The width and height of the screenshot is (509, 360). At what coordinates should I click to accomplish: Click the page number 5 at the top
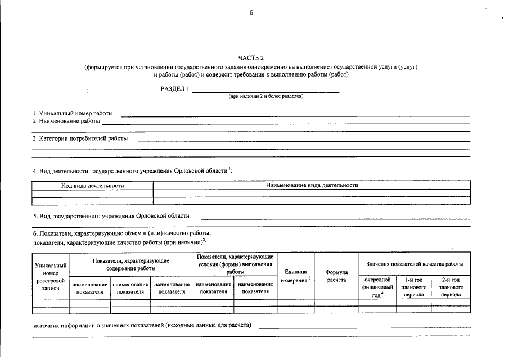(251, 13)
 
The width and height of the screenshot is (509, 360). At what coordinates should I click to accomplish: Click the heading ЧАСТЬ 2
(251, 57)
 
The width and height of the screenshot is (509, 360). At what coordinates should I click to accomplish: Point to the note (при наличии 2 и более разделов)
(265, 96)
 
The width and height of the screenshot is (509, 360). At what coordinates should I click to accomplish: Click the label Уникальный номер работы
(73, 114)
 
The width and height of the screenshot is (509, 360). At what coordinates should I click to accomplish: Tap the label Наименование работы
(66, 121)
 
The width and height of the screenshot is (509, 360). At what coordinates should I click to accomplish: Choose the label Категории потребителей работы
(80, 138)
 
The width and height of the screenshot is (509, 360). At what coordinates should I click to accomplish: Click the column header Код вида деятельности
(92, 185)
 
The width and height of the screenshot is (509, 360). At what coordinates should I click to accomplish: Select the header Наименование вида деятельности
(312, 185)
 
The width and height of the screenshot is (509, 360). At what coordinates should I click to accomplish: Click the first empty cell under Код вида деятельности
(92, 193)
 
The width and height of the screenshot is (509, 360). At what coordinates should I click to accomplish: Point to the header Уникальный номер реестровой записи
(51, 276)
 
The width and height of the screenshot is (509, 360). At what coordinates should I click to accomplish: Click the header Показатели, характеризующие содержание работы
(131, 265)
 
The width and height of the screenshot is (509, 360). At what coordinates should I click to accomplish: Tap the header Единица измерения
(295, 276)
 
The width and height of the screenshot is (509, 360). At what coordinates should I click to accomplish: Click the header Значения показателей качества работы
(415, 264)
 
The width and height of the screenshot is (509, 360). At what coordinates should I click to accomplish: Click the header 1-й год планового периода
(414, 287)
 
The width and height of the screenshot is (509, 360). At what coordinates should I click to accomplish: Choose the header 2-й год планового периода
(451, 287)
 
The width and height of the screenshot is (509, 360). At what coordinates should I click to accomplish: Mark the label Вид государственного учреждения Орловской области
(111, 215)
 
